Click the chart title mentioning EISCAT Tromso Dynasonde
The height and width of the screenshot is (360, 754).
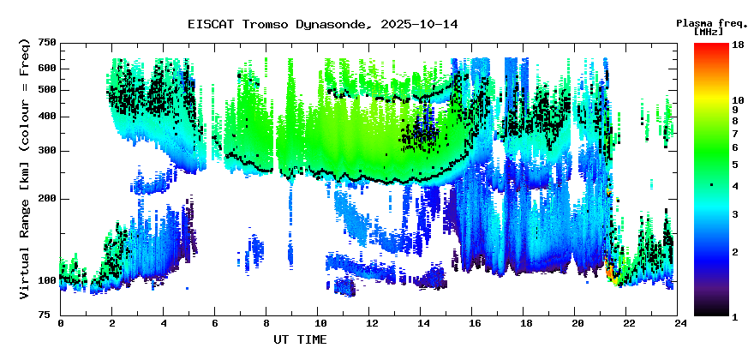(322, 24)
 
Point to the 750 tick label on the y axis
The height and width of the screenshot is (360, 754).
(47, 43)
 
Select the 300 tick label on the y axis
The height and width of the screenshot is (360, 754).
(47, 151)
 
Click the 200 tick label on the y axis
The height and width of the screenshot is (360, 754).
(47, 198)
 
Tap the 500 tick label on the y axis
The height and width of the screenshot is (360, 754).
(47, 90)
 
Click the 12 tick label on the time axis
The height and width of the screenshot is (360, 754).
(371, 323)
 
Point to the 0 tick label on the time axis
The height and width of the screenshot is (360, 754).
(61, 323)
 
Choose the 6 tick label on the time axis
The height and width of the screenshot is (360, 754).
(216, 323)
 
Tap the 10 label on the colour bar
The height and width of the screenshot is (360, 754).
(738, 100)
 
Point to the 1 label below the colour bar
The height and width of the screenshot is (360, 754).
(736, 317)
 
